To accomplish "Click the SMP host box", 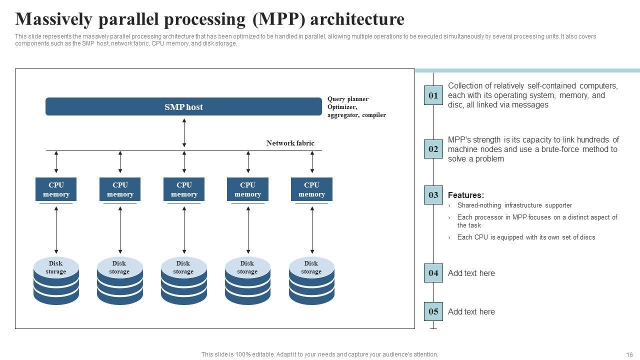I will click(x=183, y=106).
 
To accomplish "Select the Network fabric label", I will click(x=290, y=143).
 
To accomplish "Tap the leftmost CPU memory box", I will click(x=56, y=189).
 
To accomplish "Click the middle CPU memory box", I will click(x=184, y=189).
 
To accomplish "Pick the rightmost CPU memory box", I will click(x=311, y=189).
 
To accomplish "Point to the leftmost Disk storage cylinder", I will click(x=56, y=280).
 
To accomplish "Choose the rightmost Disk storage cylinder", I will click(x=311, y=280).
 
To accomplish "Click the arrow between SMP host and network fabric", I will click(x=184, y=132).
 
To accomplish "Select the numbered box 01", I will click(x=433, y=95).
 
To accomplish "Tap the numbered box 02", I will click(x=433, y=149).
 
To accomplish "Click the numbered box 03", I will click(x=433, y=195).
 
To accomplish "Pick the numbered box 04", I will click(x=433, y=273).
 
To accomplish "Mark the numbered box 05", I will click(x=433, y=311).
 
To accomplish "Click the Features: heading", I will click(x=465, y=195).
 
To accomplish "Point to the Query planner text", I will click(x=348, y=99).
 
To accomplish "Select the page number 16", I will click(x=629, y=354).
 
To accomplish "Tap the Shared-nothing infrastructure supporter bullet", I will click(x=514, y=205).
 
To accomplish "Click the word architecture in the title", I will click(x=357, y=19).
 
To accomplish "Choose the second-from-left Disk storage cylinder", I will click(x=120, y=280).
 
